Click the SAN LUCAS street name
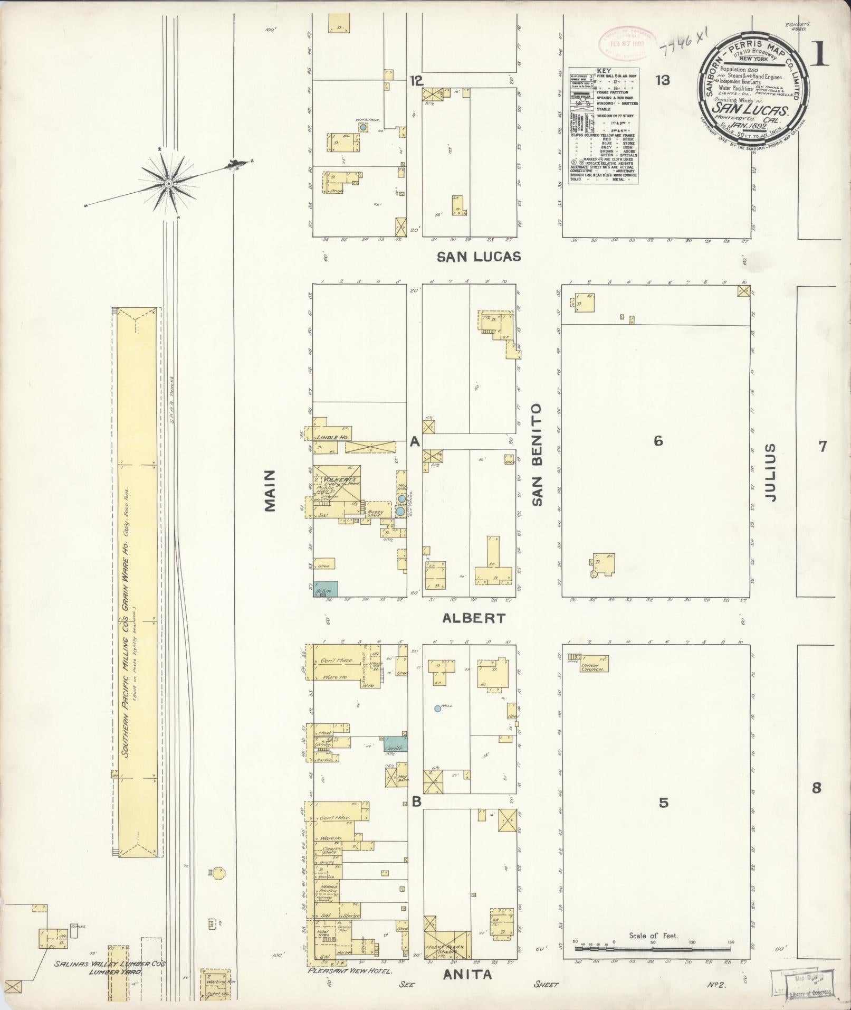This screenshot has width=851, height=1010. pos(479,257)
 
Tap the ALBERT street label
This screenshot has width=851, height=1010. pos(474,618)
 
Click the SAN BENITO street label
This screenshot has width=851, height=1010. pos(537,455)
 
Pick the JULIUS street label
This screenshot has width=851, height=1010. pos(770,472)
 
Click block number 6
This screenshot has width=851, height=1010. pos(658,440)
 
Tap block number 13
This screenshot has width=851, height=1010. pos(663,80)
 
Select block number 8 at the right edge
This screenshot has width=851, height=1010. pos(816,803)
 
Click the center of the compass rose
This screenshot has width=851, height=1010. pos(168,183)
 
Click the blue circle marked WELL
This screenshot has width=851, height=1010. pos(437,709)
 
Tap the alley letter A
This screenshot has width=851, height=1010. pos(415,442)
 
